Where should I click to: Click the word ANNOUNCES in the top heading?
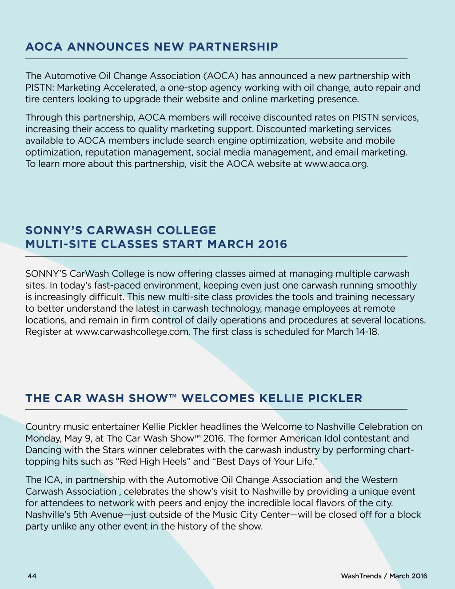coord(108,47)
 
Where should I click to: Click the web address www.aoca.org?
coord(336,164)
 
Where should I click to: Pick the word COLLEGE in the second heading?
coord(186,230)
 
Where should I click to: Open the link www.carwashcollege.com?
coord(132,332)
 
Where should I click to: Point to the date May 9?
coord(78,438)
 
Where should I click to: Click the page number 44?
coord(32,576)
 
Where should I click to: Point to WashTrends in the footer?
coord(361,576)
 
